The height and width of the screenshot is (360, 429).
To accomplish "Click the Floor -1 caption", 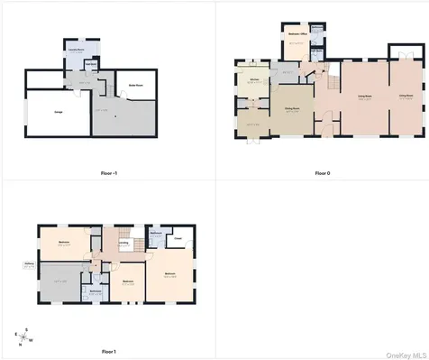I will coord(106,171).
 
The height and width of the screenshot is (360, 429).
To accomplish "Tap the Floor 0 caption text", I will coord(322,171).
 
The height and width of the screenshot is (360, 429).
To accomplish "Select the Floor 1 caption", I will coord(108,350).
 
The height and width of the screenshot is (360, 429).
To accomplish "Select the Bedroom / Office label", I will coord(295,42).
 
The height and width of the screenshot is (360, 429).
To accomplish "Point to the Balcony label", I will coord(30,265).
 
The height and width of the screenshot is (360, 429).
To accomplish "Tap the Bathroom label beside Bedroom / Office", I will coord(316,47).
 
